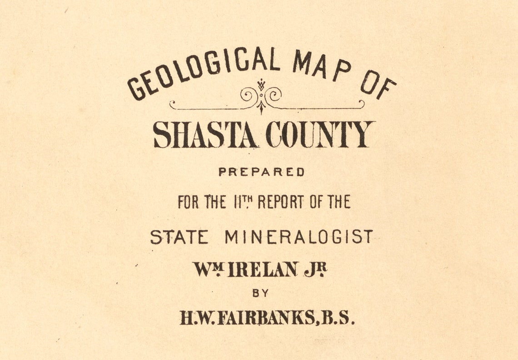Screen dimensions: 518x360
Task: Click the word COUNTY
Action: pos(320,135)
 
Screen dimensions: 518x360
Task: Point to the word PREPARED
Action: pos(261,172)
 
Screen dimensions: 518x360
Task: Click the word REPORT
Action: pos(281,202)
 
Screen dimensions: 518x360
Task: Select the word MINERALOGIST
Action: pos(299,237)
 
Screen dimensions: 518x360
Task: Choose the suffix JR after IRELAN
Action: pos(315,270)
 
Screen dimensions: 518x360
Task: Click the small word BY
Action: pos(260,293)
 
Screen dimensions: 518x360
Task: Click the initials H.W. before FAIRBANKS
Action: pos(197,318)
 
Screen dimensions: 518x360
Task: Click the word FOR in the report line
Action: pos(188,202)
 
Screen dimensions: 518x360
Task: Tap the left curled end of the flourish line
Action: pos(173,105)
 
